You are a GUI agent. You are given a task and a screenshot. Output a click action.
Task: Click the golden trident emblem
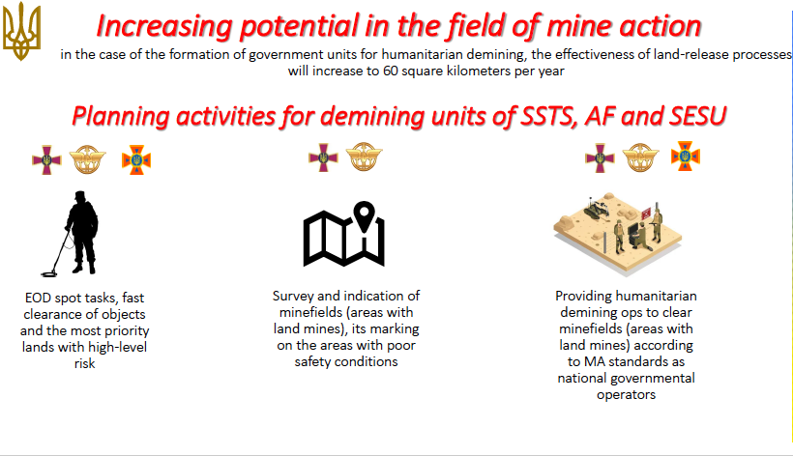21,31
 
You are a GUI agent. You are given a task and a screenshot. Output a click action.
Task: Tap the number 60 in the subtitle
391,71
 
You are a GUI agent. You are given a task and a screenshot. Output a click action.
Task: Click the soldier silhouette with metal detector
74,234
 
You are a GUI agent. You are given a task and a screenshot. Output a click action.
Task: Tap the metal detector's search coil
49,274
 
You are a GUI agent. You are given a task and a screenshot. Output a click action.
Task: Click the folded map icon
344,238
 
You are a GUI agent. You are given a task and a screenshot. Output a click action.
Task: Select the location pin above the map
365,216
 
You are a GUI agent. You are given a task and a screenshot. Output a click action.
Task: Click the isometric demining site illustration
618,233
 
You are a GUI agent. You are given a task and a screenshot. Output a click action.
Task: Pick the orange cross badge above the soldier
136,160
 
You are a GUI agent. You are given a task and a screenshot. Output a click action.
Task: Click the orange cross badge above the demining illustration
686,157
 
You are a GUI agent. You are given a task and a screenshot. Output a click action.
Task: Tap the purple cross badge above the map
323,157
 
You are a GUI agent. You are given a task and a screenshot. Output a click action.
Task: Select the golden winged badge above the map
364,157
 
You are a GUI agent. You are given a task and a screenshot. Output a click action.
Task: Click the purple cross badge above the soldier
46,160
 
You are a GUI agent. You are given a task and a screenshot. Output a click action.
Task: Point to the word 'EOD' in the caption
38,298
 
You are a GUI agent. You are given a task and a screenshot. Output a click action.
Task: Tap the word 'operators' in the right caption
626,395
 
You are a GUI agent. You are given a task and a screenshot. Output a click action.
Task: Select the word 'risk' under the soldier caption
84,363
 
